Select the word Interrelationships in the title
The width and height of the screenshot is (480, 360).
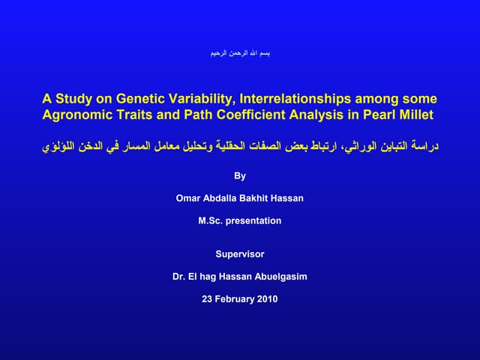(288, 99)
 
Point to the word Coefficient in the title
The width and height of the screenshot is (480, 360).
(258, 115)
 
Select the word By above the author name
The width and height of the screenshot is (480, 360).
(240, 178)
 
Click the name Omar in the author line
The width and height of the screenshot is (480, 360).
(188, 199)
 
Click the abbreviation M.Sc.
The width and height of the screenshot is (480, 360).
(211, 220)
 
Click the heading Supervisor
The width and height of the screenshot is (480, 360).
(240, 254)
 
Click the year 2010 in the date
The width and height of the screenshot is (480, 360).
(266, 298)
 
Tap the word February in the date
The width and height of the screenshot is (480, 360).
(233, 298)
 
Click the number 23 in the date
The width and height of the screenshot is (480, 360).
(208, 298)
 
